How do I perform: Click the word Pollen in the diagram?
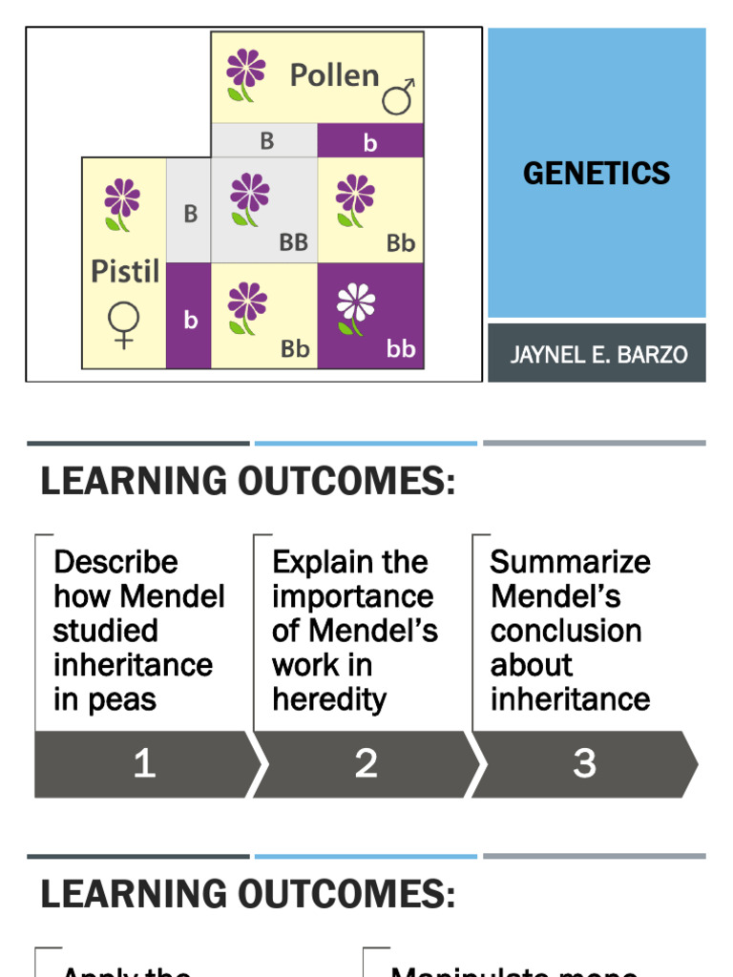[334, 75]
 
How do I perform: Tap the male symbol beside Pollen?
[398, 95]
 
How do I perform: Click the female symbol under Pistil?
[123, 325]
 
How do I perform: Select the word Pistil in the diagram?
[124, 271]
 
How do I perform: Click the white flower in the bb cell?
[355, 307]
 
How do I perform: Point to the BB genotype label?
[294, 242]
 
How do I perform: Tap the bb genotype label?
[401, 349]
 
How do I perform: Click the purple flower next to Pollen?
[245, 74]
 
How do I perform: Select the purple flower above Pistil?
[121, 203]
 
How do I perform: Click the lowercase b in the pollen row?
[370, 143]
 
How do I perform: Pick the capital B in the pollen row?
[266, 141]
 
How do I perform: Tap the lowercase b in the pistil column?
[190, 321]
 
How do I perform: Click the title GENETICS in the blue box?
[597, 173]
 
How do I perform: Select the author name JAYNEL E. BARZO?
[598, 355]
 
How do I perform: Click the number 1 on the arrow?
[144, 763]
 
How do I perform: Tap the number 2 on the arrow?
[366, 763]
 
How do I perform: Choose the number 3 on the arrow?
[584, 763]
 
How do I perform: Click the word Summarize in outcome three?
[570, 562]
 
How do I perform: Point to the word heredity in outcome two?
[328, 699]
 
